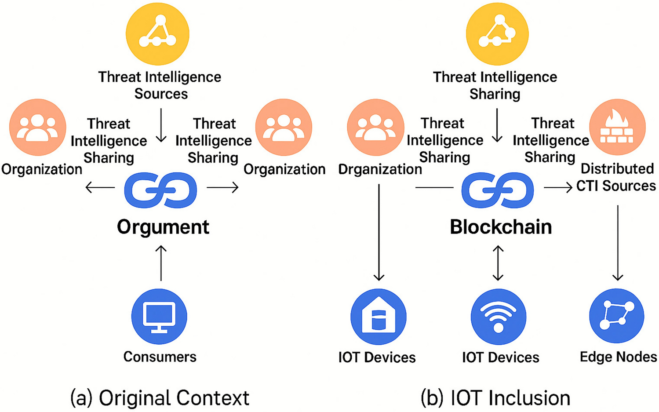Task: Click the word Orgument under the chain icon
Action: (163, 227)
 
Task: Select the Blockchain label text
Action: (501, 227)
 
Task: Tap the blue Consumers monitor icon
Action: (159, 316)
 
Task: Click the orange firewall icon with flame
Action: (617, 127)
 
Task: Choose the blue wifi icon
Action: (498, 316)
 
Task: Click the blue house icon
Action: (378, 316)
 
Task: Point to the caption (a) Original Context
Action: (160, 398)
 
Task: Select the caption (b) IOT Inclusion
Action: (495, 398)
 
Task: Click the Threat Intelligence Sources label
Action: (160, 85)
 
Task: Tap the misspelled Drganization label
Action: (380, 169)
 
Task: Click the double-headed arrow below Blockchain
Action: (498, 263)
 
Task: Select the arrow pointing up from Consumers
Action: (161, 263)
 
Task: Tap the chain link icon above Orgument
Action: (160, 190)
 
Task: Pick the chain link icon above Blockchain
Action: (498, 190)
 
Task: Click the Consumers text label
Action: (160, 357)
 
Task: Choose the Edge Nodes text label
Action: (618, 357)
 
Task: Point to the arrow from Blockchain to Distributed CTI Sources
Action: (558, 188)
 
